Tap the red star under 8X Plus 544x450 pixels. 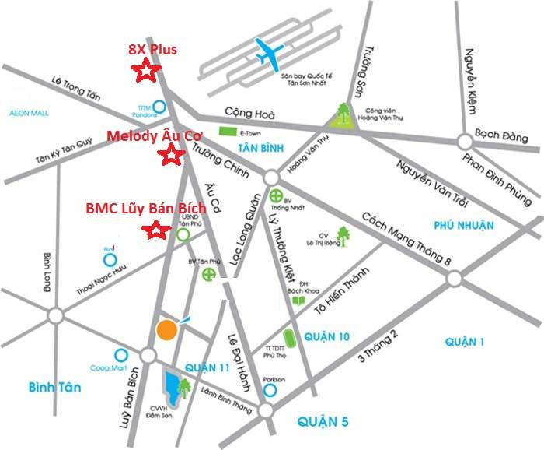(145, 72)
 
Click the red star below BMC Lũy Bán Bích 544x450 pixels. (156, 230)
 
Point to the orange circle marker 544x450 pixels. (166, 329)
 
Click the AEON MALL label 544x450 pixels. (29, 113)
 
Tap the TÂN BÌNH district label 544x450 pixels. (258, 148)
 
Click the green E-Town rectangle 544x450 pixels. (228, 132)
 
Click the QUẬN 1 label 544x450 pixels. (465, 341)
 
